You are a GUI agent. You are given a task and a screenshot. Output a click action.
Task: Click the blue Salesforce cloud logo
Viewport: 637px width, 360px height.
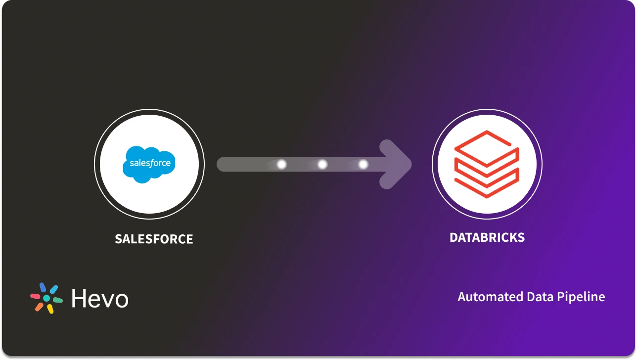tap(149, 164)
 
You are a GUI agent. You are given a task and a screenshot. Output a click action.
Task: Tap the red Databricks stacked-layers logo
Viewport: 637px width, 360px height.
tap(487, 164)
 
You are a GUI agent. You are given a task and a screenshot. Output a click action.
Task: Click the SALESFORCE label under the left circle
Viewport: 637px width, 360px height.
tap(154, 239)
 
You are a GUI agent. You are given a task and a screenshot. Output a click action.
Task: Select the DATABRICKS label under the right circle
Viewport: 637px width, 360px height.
tap(487, 238)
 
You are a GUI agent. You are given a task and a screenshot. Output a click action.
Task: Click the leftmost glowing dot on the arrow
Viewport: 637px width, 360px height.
tap(281, 164)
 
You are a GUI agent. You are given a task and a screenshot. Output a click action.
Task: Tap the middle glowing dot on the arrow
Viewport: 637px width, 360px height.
tap(322, 164)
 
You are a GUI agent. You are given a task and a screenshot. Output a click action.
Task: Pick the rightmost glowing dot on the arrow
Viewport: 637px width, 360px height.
tap(363, 164)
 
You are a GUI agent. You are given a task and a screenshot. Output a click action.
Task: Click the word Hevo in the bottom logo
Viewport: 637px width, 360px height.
tap(99, 299)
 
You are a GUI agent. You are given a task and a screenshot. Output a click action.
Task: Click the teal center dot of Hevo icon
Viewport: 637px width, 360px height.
tap(46, 298)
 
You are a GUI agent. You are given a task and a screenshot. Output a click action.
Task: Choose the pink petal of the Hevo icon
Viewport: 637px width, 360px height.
tap(35, 296)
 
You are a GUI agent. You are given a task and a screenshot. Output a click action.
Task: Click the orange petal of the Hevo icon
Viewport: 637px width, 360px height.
tap(39, 307)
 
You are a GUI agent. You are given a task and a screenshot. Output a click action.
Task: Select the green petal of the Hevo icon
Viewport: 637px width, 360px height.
tap(58, 300)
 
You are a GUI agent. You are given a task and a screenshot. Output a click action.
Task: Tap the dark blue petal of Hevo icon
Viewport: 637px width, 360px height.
tap(43, 287)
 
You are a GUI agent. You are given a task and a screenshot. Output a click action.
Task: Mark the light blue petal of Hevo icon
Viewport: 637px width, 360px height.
tap(54, 289)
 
